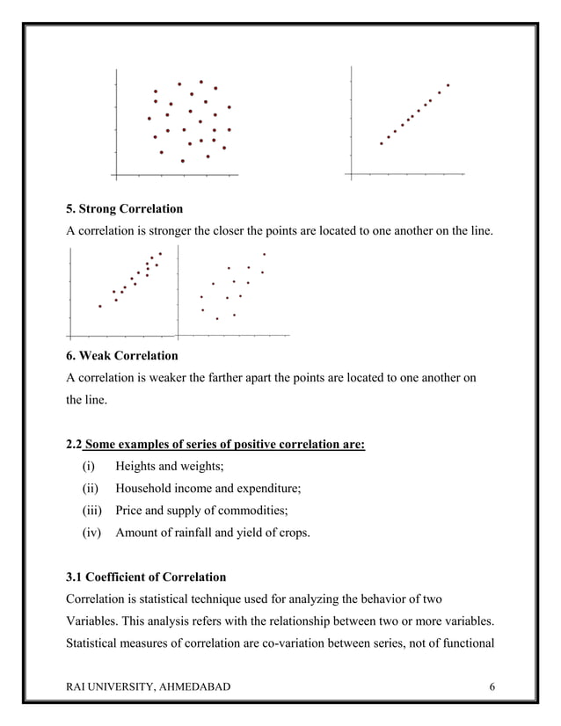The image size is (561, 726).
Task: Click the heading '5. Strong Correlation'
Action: [x=125, y=209]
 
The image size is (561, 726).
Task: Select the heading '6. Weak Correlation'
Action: [x=122, y=356]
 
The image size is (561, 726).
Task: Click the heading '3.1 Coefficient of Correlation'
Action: [x=146, y=577]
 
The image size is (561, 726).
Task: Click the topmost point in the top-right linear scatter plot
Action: [x=448, y=85]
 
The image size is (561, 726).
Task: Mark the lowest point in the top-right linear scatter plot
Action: [x=381, y=143]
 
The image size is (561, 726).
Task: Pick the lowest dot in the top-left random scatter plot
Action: [x=182, y=161]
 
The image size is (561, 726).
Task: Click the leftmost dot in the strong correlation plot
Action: [x=100, y=306]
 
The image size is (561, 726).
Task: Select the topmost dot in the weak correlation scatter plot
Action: [x=264, y=254]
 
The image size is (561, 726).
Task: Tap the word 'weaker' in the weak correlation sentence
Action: [x=177, y=379]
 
